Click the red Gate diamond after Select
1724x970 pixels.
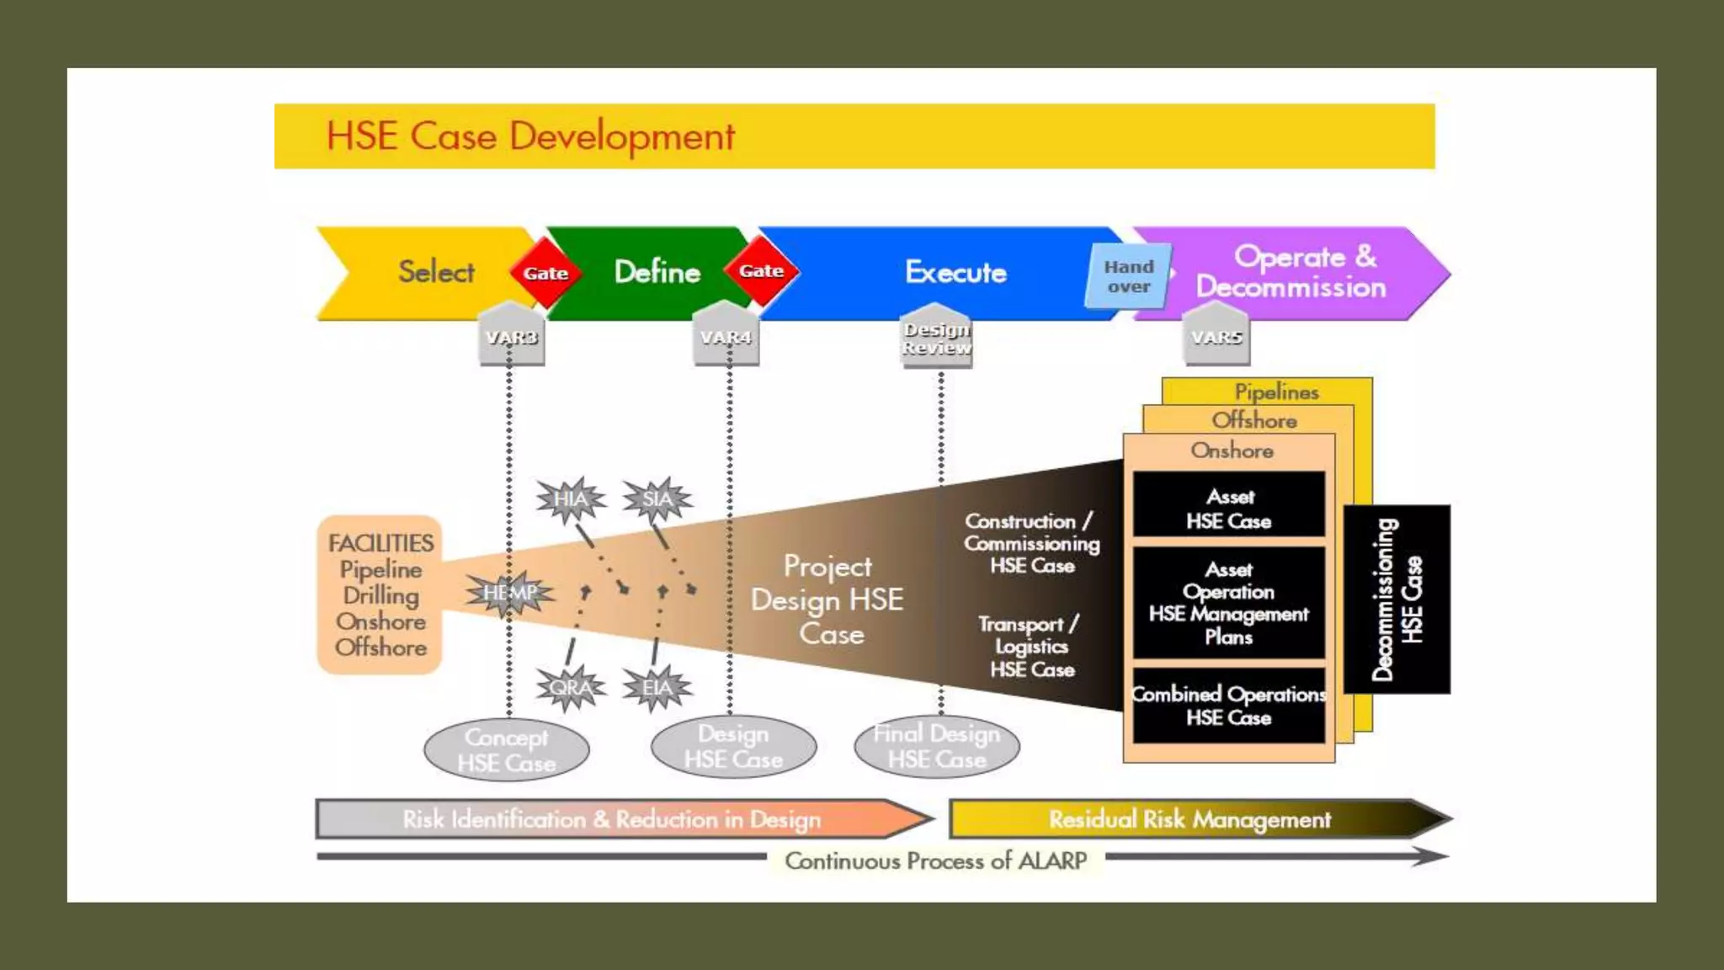point(545,273)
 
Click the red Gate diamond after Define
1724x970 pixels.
point(761,271)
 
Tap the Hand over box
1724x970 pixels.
point(1129,276)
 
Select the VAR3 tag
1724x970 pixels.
point(511,337)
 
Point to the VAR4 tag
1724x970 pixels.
point(726,337)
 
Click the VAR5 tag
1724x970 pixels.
point(1216,337)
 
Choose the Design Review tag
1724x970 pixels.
point(936,338)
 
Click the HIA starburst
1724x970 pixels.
point(571,499)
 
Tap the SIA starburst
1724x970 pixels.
point(657,499)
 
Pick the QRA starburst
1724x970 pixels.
point(571,688)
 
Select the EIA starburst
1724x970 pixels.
point(657,688)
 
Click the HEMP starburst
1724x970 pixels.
point(509,593)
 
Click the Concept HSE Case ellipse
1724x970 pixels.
point(507,749)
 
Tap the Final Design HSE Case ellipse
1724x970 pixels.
point(936,746)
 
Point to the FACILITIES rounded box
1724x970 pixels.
point(380,594)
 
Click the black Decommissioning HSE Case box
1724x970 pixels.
point(1397,600)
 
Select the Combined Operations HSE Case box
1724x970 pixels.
point(1229,706)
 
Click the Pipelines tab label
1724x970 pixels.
point(1276,392)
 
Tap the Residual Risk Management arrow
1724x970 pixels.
point(1190,819)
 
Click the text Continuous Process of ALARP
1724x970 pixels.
point(935,861)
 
